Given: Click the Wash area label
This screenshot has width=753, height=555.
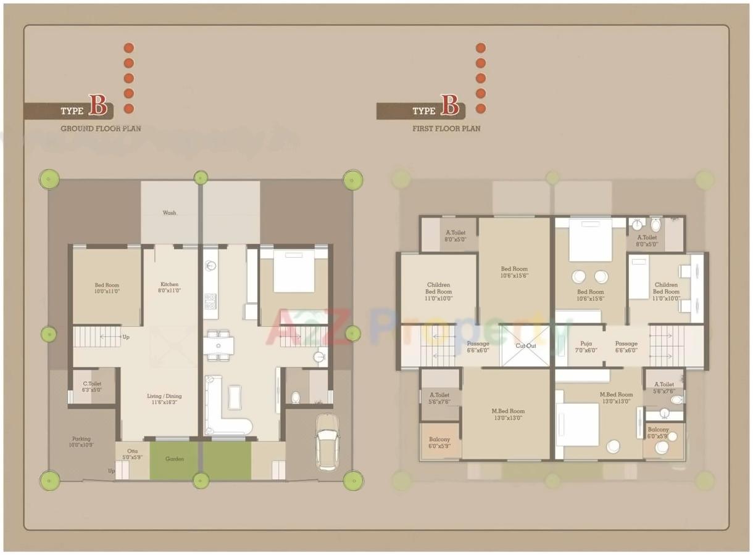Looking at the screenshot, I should click(x=169, y=213).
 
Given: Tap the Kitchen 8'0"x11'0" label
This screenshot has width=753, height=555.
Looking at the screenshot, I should click(x=169, y=287).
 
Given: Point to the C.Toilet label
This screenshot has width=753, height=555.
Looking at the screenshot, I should click(x=91, y=387).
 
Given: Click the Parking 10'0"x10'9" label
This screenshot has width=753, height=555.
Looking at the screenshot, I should click(x=81, y=442).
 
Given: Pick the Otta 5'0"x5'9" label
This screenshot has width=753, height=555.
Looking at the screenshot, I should click(x=132, y=454).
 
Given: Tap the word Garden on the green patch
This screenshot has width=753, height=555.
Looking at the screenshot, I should click(x=175, y=459).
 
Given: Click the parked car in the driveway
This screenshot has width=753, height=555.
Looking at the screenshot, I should click(x=327, y=442).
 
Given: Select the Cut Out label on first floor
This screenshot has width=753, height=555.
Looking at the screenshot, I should click(x=526, y=346).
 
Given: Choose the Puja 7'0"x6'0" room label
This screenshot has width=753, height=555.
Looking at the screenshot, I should click(x=586, y=347).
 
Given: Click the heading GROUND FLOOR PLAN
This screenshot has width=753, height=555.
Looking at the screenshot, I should click(x=101, y=128).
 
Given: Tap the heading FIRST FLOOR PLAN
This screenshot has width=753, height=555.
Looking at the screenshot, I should click(x=446, y=128).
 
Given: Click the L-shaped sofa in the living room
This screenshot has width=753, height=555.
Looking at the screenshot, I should click(x=226, y=410).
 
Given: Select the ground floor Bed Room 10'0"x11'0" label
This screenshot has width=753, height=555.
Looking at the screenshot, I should click(x=107, y=288).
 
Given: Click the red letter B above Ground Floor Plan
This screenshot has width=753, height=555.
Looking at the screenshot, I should click(x=98, y=106).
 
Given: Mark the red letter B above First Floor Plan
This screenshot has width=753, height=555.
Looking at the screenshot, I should click(x=450, y=106).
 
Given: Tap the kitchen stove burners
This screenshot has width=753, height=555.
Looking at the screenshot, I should click(x=210, y=301).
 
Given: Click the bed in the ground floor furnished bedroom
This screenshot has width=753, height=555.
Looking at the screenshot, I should click(x=294, y=271).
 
